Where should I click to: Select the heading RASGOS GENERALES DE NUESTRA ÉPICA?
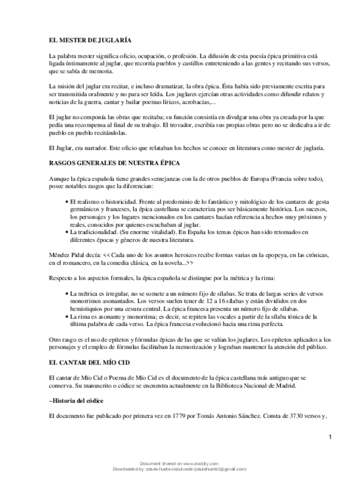[114, 163]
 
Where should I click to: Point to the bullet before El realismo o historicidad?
[67, 202]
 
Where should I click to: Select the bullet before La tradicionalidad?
[67, 232]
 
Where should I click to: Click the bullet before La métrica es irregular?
[67, 294]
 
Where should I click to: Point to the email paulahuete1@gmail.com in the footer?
[220, 469]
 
